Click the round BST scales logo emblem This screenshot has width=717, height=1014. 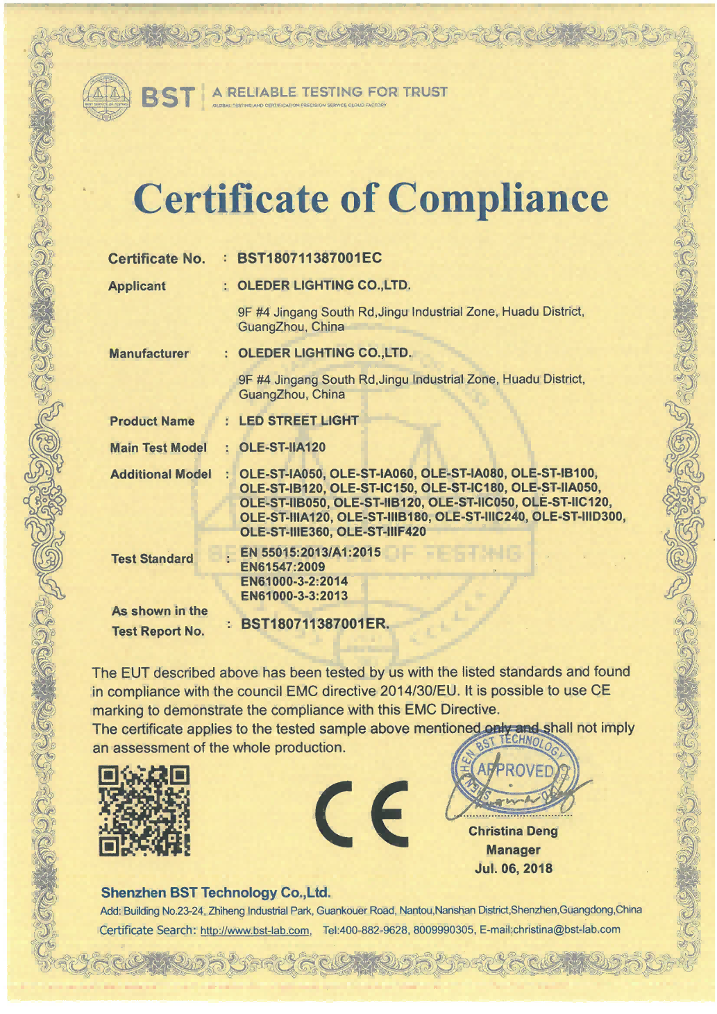point(106,96)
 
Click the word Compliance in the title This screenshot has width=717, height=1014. point(503,198)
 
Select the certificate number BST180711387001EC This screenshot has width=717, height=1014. point(310,258)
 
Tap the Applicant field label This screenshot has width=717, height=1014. point(137,286)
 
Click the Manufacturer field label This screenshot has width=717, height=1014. point(149,353)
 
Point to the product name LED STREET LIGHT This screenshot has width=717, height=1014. point(298,421)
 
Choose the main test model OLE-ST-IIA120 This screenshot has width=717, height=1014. point(282,447)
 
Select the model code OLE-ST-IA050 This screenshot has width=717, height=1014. point(281,474)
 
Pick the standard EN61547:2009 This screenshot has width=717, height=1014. point(282,566)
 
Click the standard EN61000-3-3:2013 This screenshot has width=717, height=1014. point(294,595)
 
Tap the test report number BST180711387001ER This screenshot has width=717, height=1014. point(314,623)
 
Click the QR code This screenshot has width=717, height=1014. point(144,811)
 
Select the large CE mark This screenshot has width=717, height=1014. point(362,813)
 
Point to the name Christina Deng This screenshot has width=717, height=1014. point(513,831)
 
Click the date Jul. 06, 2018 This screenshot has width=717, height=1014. point(514,868)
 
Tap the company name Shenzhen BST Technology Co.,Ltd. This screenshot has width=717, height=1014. point(215,893)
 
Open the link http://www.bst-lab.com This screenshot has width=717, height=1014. point(255,931)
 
